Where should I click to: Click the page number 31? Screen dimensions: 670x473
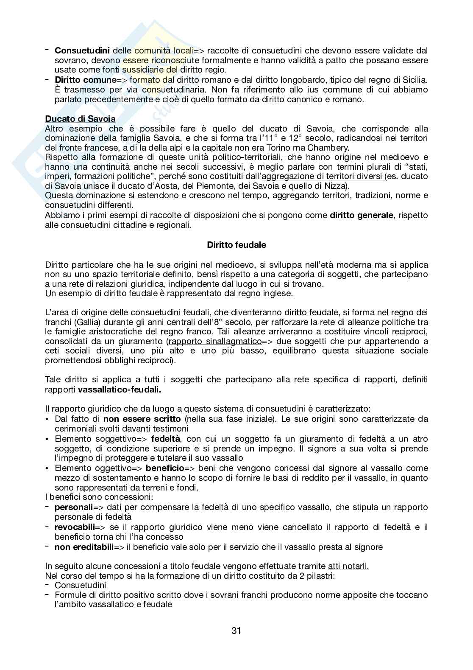coord(236,631)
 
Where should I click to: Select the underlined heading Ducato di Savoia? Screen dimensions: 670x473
coord(80,119)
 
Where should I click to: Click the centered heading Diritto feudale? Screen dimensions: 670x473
coord(236,245)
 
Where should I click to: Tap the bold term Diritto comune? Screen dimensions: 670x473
coord(85,80)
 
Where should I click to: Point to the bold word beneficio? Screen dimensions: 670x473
coord(164,468)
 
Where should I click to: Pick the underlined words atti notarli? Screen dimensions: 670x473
coord(348,566)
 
